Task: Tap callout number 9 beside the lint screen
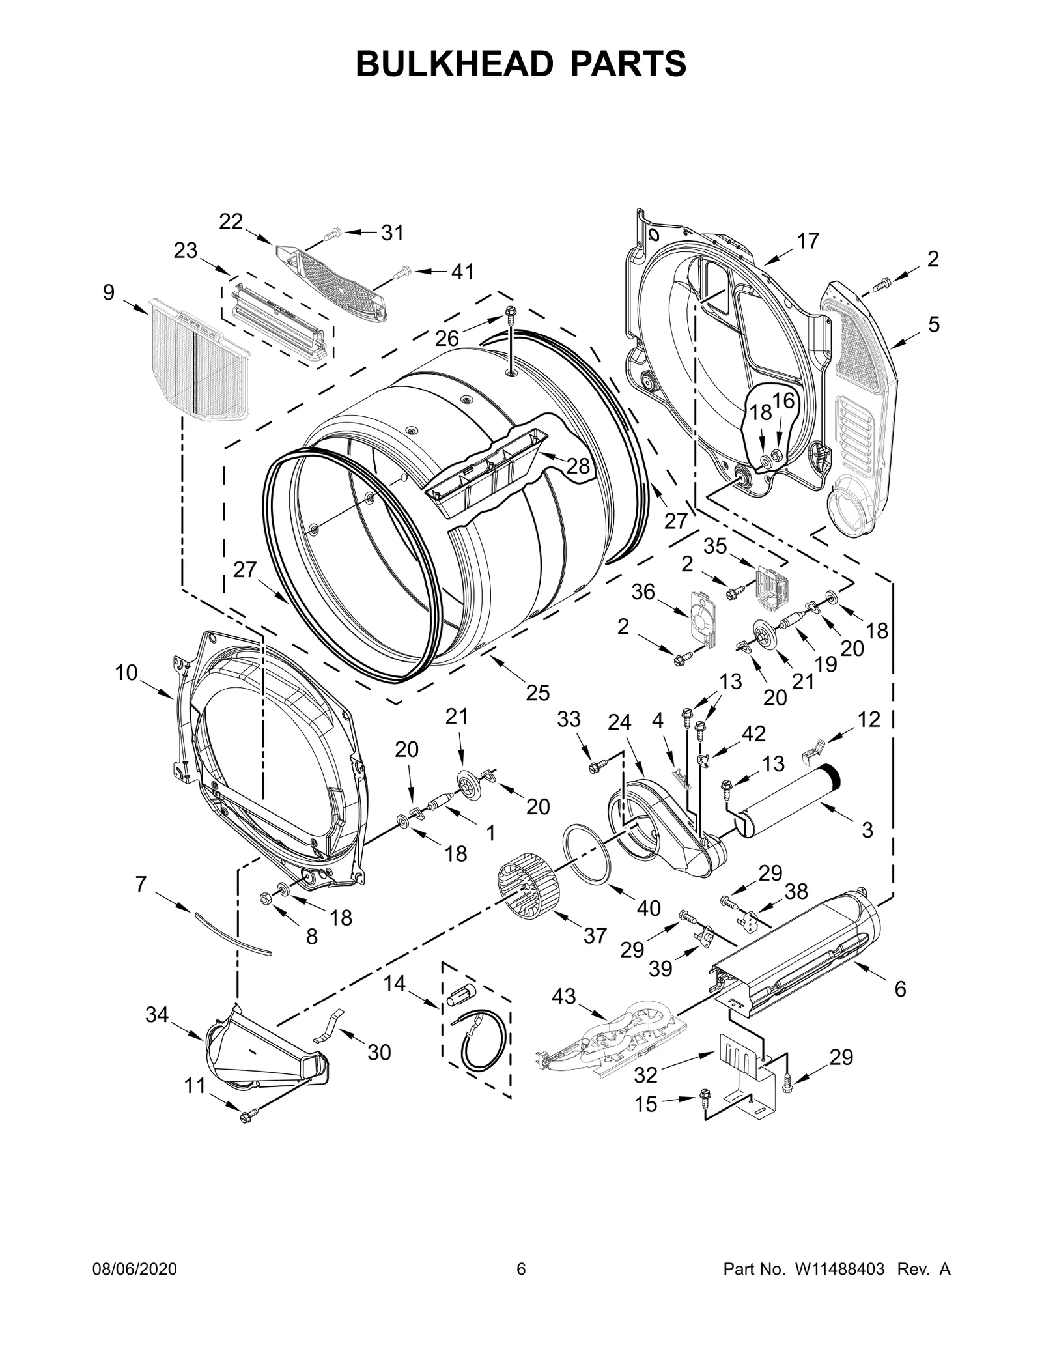coord(108,292)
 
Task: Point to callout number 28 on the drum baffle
coord(578,466)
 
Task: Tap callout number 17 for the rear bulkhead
coord(808,241)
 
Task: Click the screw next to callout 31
coord(332,233)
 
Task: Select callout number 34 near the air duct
coord(157,1014)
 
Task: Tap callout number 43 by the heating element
coord(564,996)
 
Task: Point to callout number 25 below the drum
coord(538,692)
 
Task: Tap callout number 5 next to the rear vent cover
coord(934,324)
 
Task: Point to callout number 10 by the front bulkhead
coord(127,672)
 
